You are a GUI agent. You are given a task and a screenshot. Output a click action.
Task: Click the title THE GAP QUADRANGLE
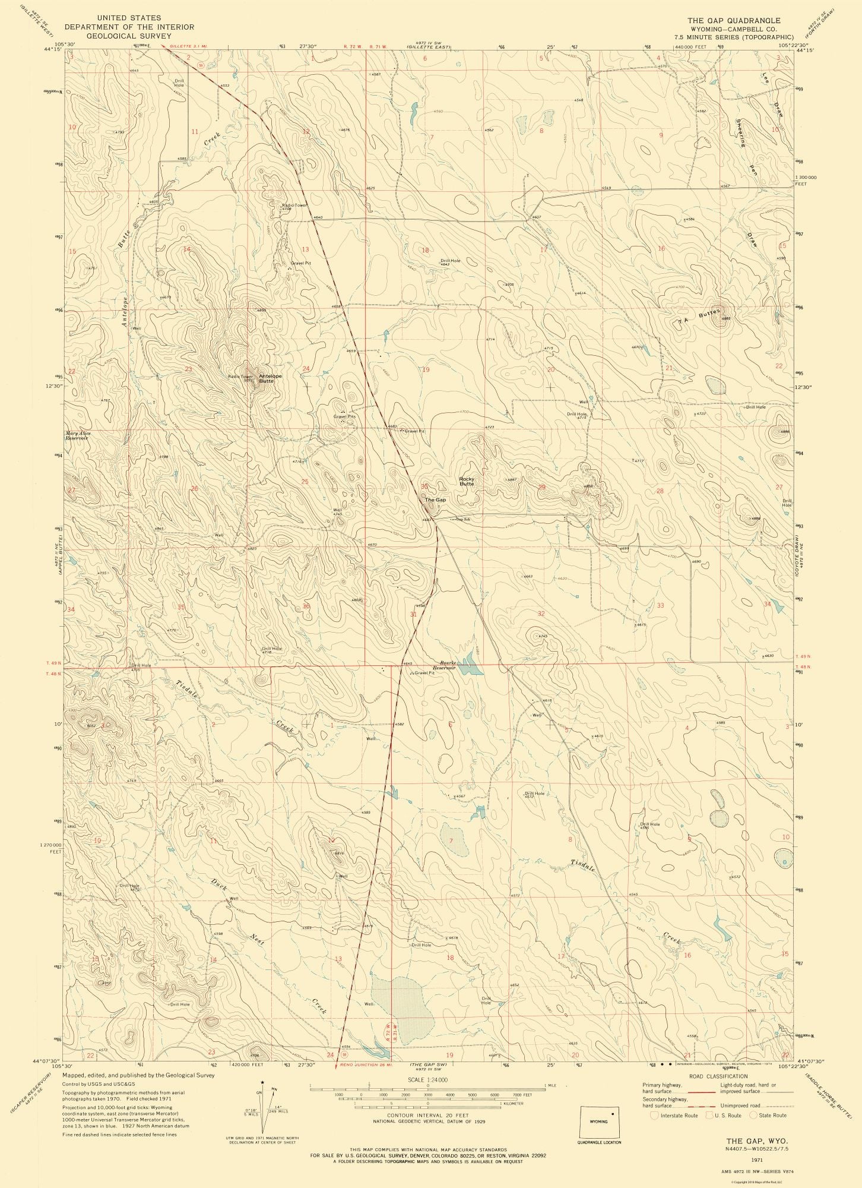pos(734,20)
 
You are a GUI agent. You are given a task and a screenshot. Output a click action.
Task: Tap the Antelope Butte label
pos(270,378)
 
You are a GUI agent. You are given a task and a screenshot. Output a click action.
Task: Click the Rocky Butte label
pos(467,481)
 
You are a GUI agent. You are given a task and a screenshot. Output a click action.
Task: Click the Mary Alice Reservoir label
pos(78,435)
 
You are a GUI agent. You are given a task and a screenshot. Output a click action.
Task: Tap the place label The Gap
pos(435,500)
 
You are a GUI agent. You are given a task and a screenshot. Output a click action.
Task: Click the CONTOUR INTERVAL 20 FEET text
pos(427,1116)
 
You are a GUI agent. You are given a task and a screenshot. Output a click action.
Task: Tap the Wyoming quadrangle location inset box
pos(598,1121)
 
